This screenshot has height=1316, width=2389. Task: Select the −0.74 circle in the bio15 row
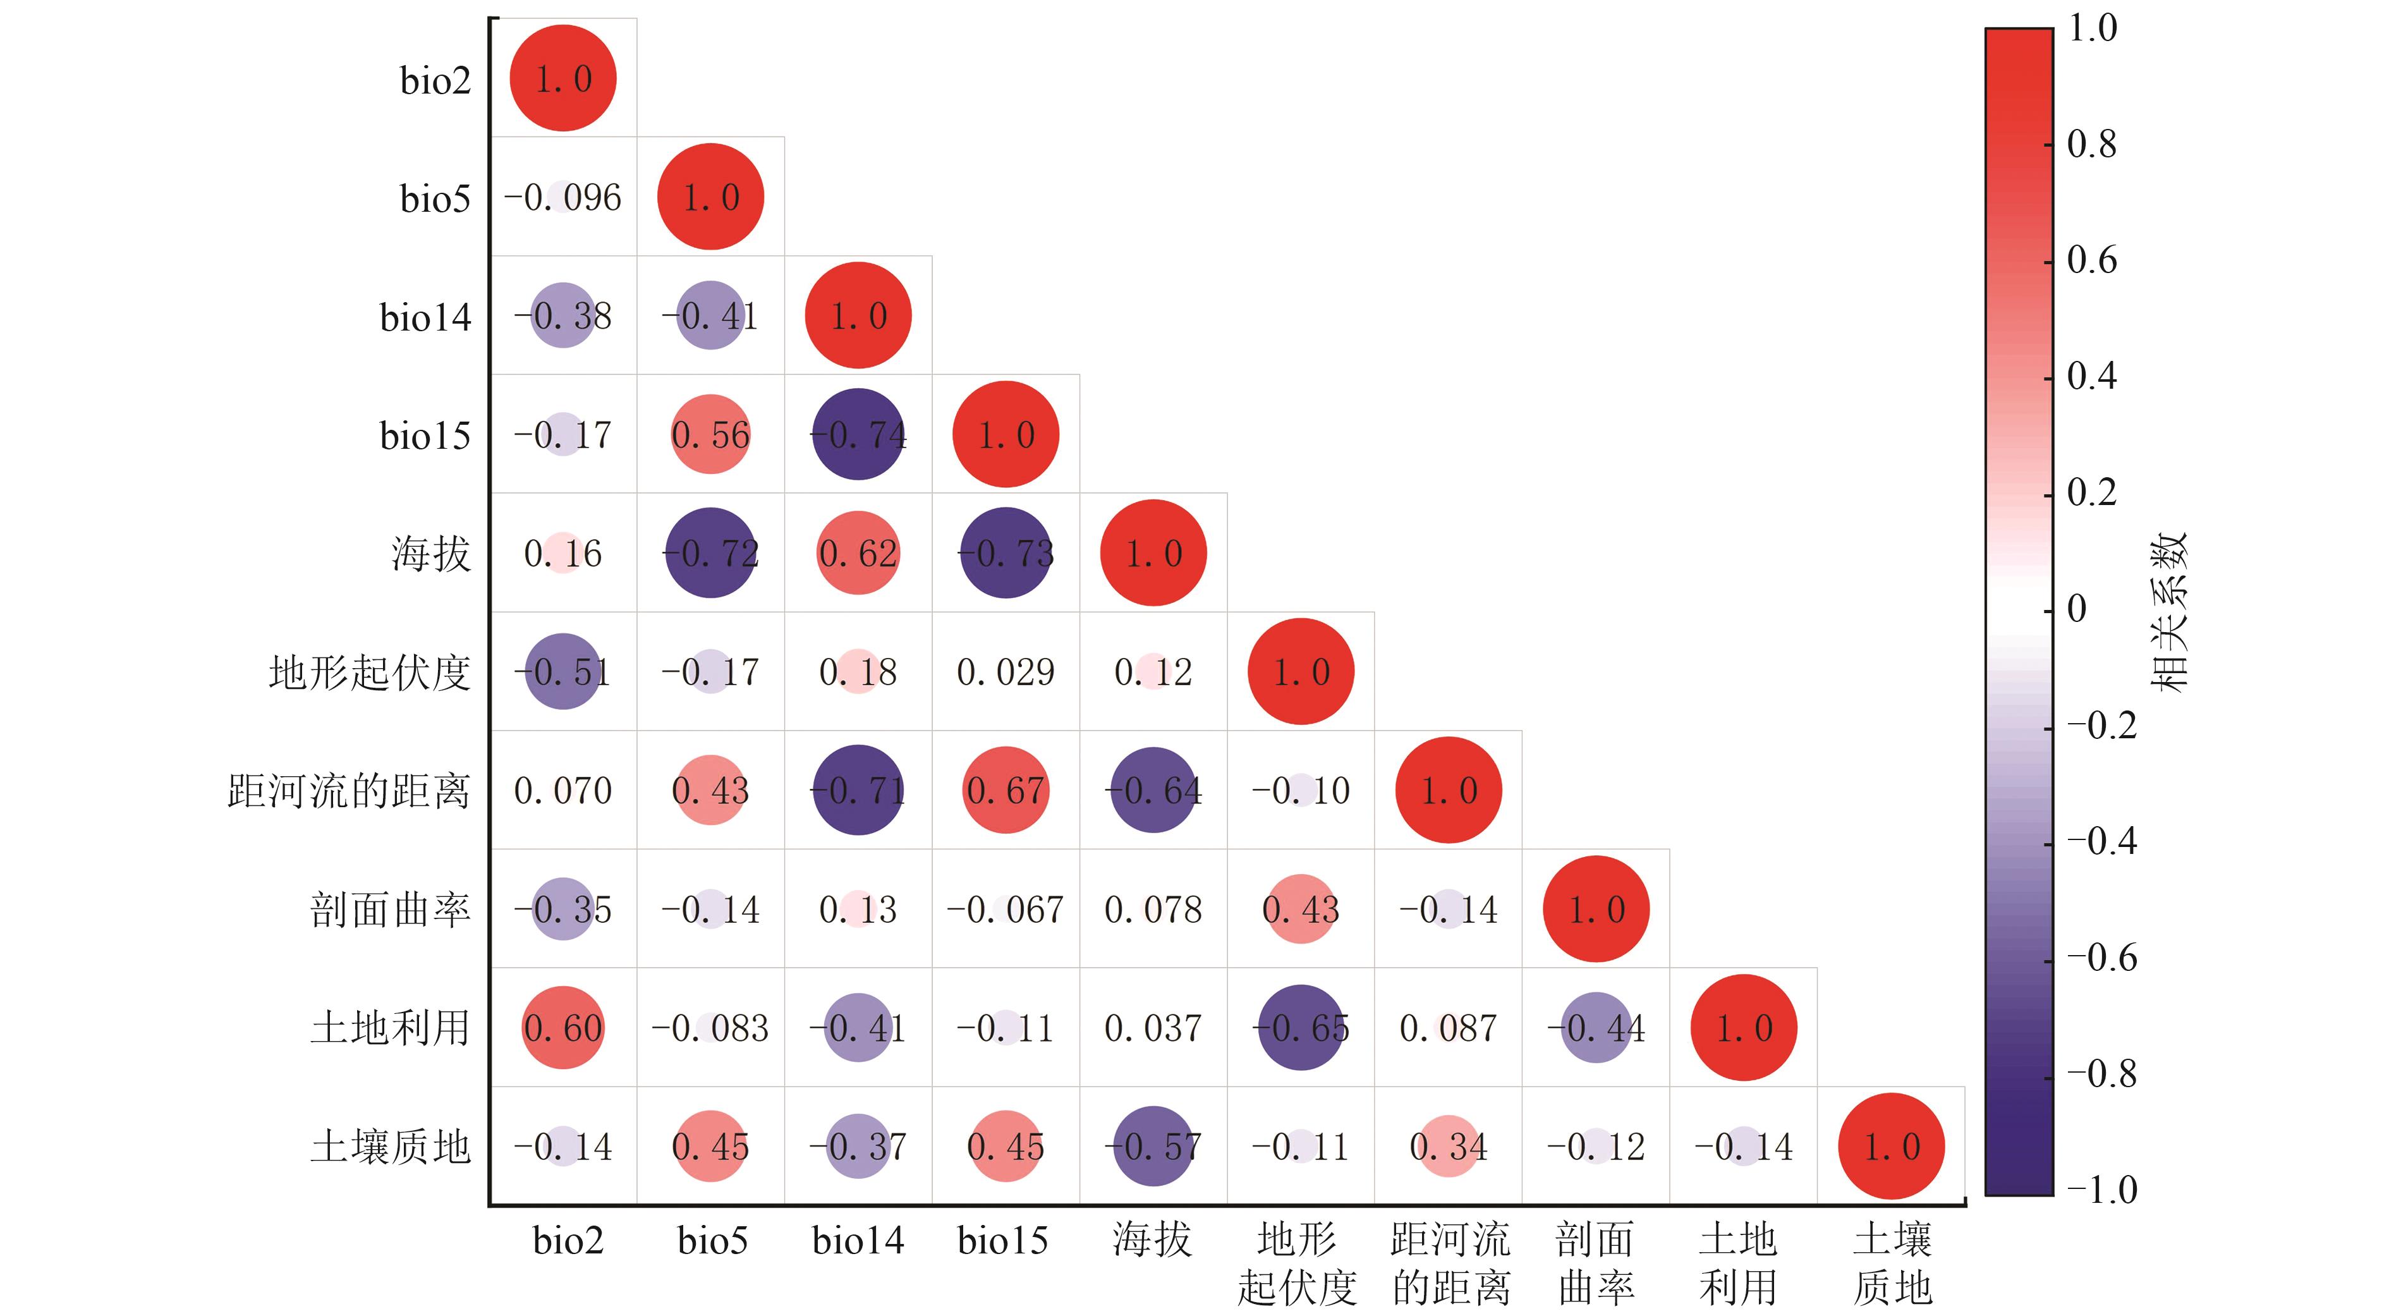[x=858, y=434]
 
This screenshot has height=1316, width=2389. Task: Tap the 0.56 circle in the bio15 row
[x=710, y=434]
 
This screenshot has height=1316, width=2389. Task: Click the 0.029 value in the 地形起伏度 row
[x=1006, y=671]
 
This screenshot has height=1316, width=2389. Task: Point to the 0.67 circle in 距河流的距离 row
[x=1006, y=790]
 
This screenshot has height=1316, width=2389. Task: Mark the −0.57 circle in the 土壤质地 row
[x=1153, y=1146]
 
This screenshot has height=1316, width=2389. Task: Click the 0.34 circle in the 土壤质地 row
[x=1448, y=1146]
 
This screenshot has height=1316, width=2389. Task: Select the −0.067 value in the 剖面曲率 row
[x=1006, y=909]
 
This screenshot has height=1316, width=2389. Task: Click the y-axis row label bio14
[x=426, y=317]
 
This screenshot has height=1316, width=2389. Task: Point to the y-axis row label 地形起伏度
[x=369, y=673]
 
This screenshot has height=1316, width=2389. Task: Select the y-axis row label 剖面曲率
[x=391, y=910]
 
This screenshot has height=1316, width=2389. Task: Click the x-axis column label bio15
[x=1002, y=1240]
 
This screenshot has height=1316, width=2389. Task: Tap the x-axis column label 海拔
[x=1152, y=1240]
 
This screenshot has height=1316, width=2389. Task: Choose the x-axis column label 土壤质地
[x=1892, y=1262]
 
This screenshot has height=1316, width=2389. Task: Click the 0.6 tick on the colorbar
[x=2092, y=260]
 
